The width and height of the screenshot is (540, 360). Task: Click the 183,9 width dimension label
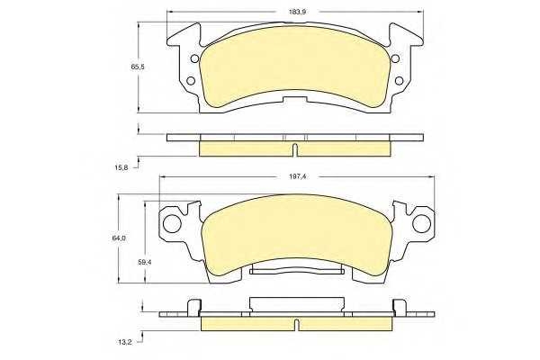click(x=297, y=12)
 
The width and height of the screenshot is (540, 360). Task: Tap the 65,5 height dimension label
click(x=138, y=67)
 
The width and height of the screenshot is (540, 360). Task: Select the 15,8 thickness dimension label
click(x=121, y=167)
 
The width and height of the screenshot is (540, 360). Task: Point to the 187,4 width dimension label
click(x=297, y=176)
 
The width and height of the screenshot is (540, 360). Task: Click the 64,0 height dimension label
click(x=119, y=238)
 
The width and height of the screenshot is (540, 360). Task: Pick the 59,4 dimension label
click(x=145, y=262)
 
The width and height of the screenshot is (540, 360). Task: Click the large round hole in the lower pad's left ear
click(x=172, y=223)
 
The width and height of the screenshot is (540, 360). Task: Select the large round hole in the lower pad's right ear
click(x=421, y=223)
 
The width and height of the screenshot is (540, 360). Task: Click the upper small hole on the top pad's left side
click(x=194, y=58)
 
